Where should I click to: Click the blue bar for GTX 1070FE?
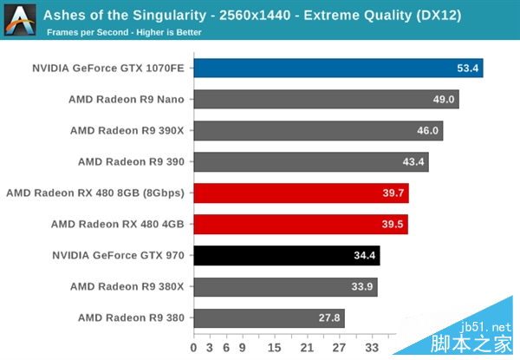pyautogui.click(x=338, y=68)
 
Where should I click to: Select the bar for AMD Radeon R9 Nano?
pyautogui.click(x=326, y=99)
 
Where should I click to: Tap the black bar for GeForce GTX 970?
pyautogui.click(x=287, y=255)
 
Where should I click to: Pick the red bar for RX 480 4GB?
pyautogui.click(x=301, y=224)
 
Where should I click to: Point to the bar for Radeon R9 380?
pyautogui.click(x=269, y=317)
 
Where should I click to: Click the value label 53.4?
pyautogui.click(x=468, y=69)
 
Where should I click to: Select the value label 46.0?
pyautogui.click(x=427, y=131)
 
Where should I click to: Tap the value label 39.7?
pyautogui.click(x=393, y=193)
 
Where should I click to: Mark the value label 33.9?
pyautogui.click(x=362, y=287)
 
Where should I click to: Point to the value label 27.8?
pyautogui.click(x=329, y=318)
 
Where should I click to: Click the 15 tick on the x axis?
pyautogui.click(x=275, y=347)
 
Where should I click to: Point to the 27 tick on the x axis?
pyautogui.click(x=339, y=347)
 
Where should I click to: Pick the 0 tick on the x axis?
pyautogui.click(x=196, y=347)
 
